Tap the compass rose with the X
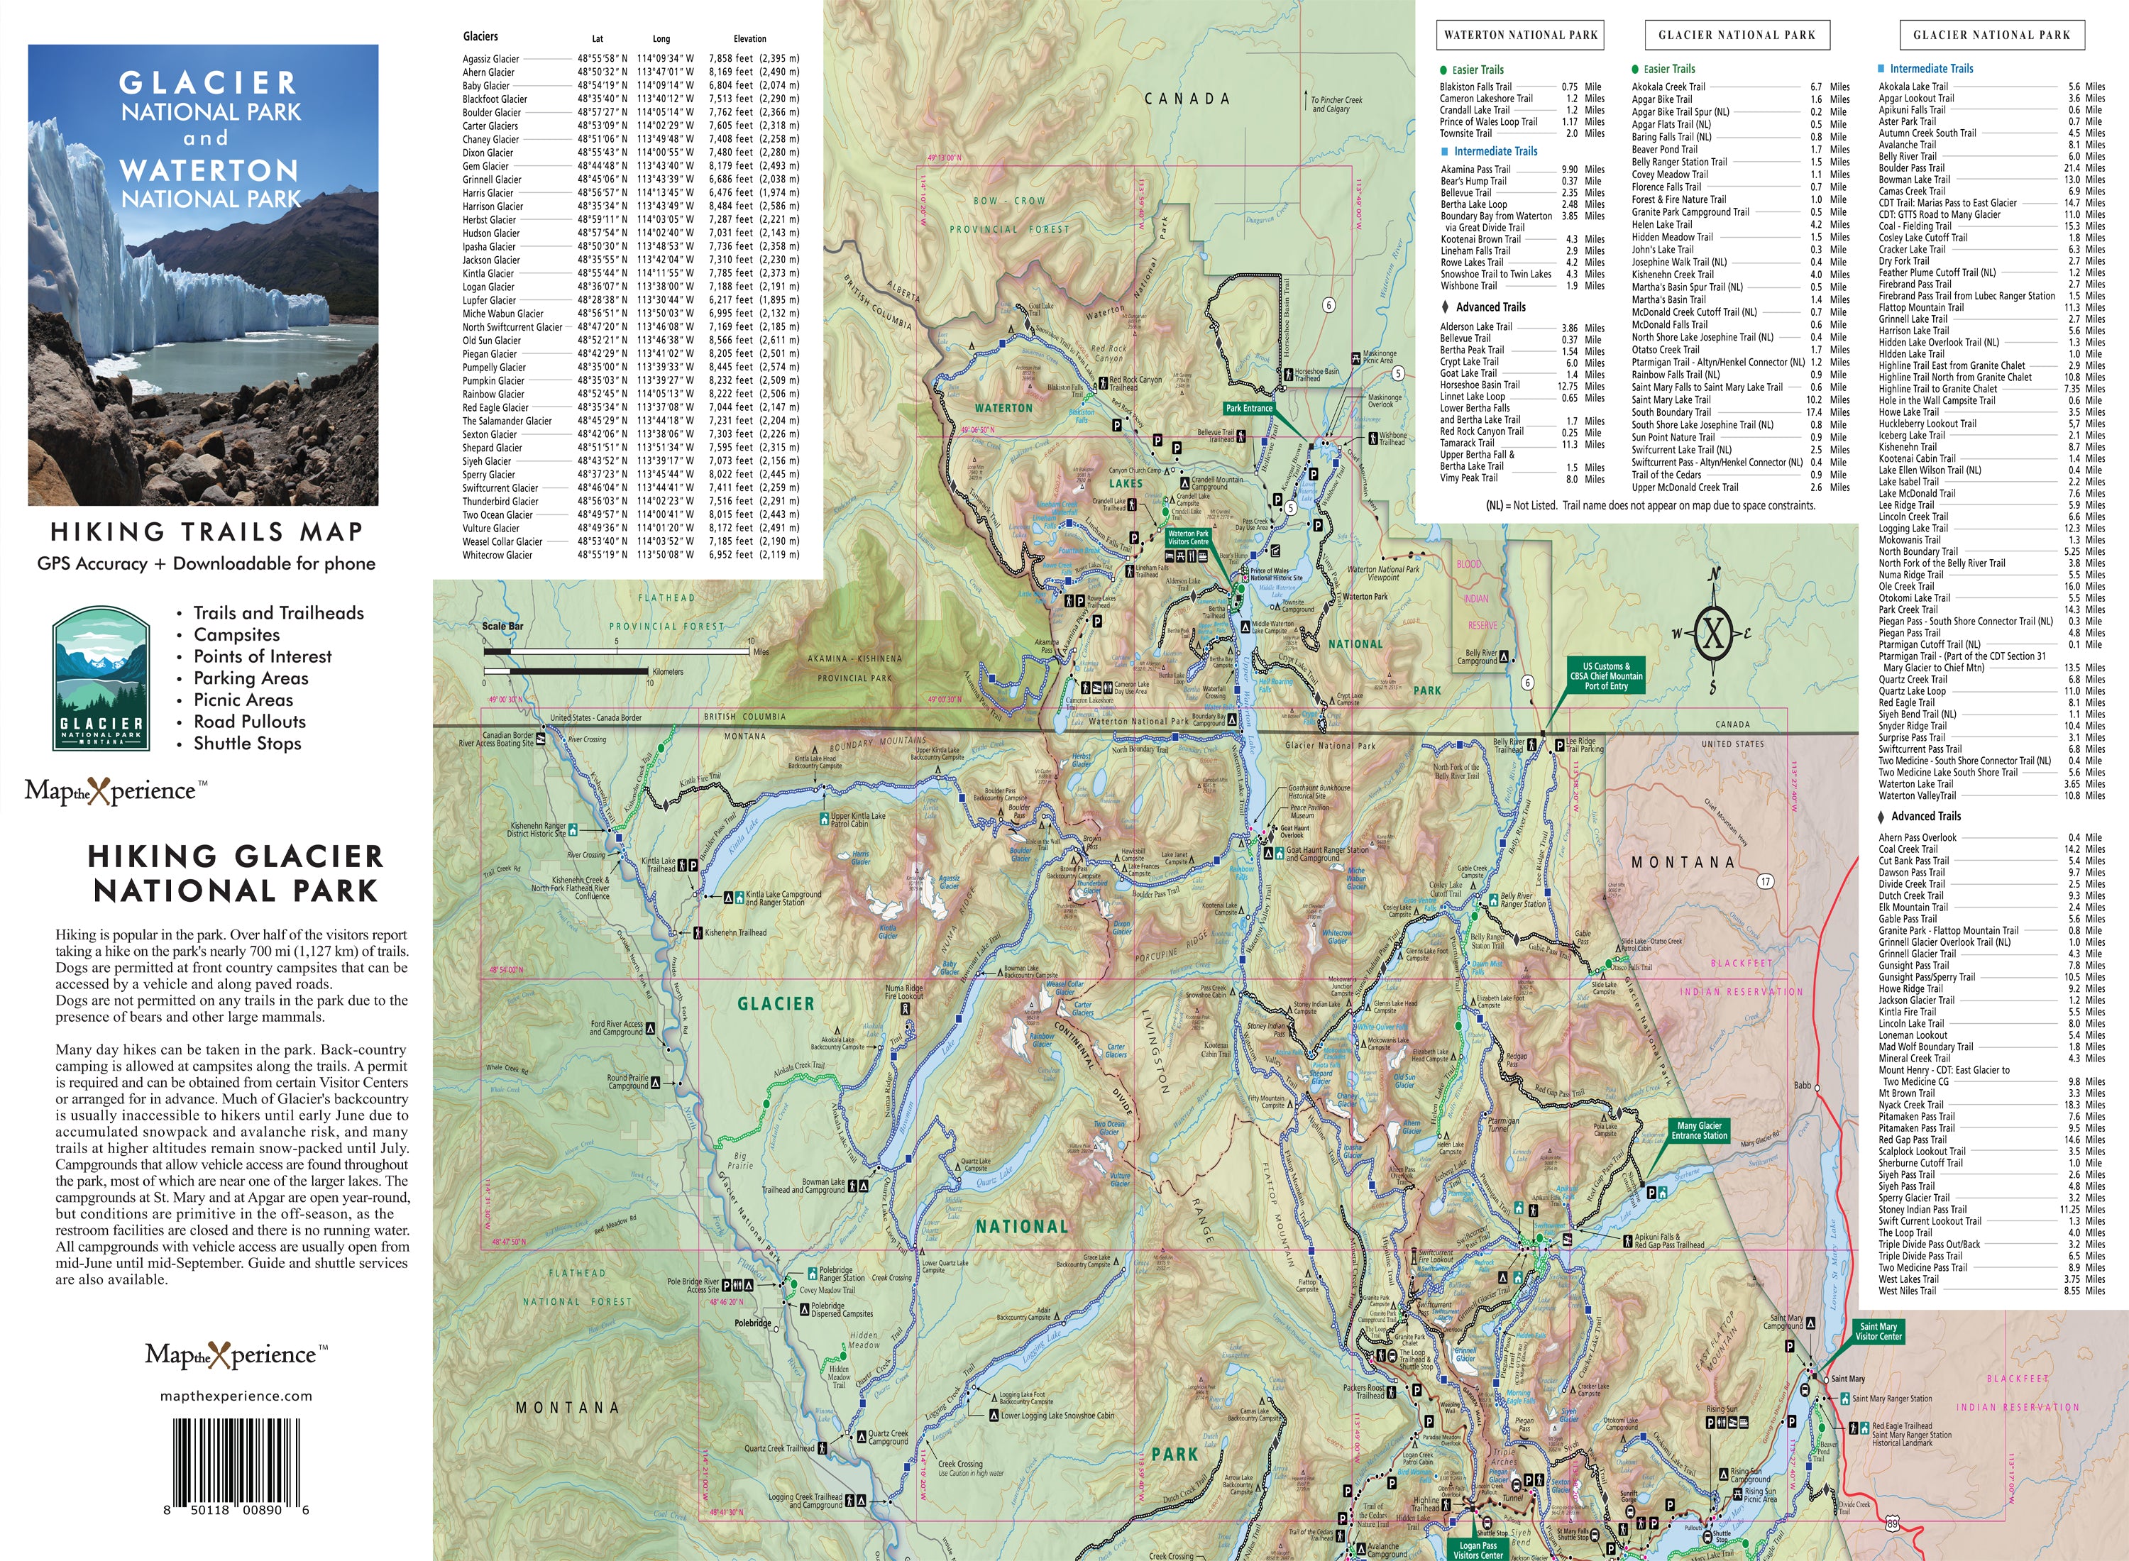click(x=1713, y=632)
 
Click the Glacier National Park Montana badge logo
click(x=101, y=678)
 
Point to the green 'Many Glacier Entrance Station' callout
click(x=1699, y=1130)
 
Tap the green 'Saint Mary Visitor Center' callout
click(x=1878, y=1331)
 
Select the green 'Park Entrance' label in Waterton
click(x=1248, y=408)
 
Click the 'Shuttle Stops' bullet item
click(x=248, y=744)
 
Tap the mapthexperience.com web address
click(x=236, y=1396)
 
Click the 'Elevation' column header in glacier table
click(x=749, y=39)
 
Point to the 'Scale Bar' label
click(x=502, y=627)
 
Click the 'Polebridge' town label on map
click(x=752, y=1323)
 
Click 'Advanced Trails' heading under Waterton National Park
click(x=1490, y=307)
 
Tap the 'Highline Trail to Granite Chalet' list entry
click(x=1937, y=388)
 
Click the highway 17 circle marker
click(x=1765, y=881)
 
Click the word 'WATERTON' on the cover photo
click(x=210, y=171)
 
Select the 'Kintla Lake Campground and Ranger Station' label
click(x=783, y=898)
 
